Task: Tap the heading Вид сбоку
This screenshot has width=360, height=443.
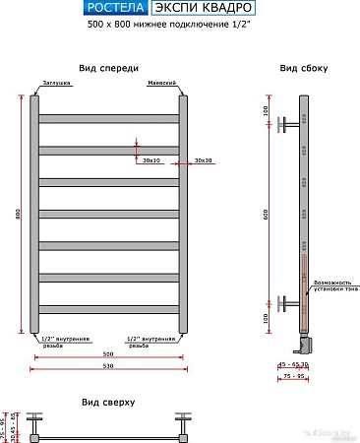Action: (303, 68)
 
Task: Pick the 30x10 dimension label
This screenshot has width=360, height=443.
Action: (150, 160)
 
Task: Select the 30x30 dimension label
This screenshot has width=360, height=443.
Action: (204, 160)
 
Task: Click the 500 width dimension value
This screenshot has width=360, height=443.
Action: (109, 352)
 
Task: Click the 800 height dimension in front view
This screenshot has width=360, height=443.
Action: (18, 215)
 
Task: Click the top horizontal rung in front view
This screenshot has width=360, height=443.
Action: (109, 118)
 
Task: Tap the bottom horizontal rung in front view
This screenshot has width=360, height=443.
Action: (109, 309)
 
